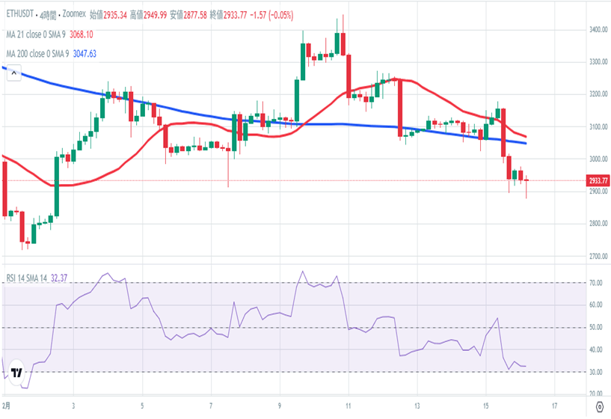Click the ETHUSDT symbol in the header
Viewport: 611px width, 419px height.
22,13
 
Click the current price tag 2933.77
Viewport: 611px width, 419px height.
598,180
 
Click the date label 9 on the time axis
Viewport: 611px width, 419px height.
280,406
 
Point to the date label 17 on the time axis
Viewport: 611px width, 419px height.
554,406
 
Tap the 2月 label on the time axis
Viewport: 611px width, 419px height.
7,406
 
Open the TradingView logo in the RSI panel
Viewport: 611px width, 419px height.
17,371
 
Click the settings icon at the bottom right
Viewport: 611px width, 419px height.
598,406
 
